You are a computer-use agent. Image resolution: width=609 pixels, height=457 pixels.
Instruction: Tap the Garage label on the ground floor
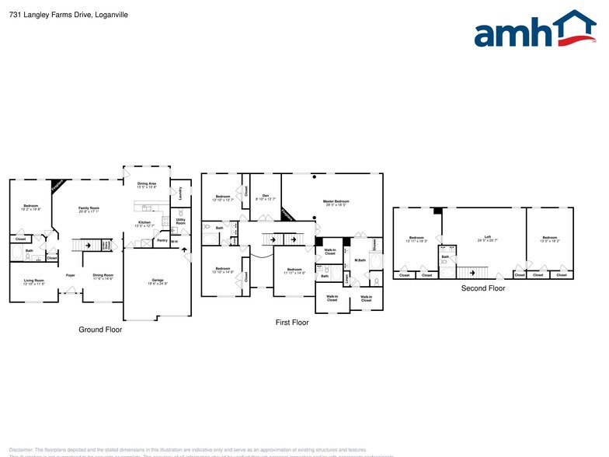(158, 279)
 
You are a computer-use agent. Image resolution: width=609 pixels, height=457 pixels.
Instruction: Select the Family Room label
(89, 208)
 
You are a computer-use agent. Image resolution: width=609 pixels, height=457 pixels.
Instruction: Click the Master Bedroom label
(336, 201)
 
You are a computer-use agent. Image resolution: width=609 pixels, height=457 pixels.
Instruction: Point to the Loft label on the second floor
(488, 237)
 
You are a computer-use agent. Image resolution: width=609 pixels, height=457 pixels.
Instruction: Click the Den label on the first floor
(265, 196)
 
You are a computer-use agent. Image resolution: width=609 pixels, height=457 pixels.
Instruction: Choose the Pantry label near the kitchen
(162, 240)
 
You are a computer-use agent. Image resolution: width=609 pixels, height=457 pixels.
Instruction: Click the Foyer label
(70, 275)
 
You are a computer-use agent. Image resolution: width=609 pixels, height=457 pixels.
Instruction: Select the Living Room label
(33, 280)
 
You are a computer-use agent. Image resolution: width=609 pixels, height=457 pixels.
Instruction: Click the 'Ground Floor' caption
(100, 330)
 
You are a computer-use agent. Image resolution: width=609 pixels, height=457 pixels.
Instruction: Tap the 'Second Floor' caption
(483, 288)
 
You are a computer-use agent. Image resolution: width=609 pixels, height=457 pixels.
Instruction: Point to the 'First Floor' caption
(292, 322)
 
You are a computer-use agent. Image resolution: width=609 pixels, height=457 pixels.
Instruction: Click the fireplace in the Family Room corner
(57, 187)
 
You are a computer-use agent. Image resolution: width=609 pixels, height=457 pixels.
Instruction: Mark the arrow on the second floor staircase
(471, 272)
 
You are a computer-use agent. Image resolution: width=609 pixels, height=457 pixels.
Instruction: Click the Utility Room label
(180, 222)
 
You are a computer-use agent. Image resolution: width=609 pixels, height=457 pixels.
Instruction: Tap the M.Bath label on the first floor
(360, 260)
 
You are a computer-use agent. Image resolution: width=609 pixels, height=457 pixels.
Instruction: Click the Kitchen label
(144, 222)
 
